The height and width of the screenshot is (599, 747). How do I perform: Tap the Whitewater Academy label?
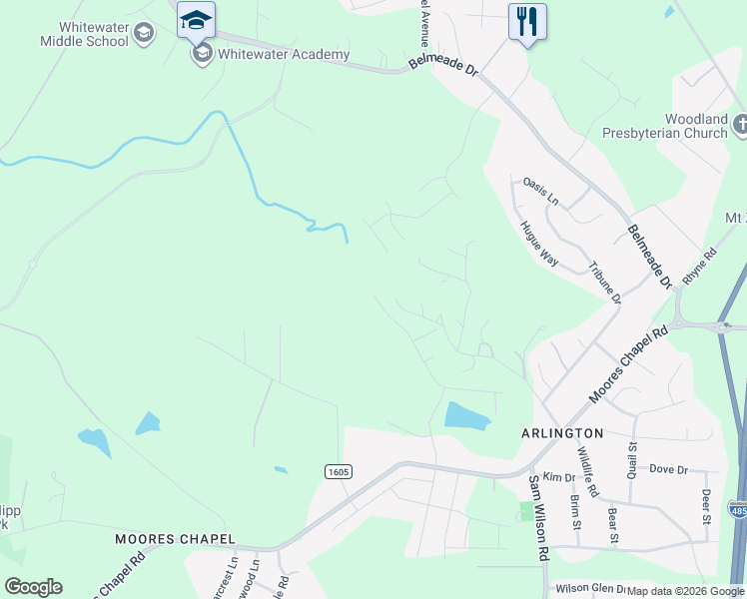[x=284, y=54]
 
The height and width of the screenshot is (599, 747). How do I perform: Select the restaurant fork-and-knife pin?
[x=526, y=21]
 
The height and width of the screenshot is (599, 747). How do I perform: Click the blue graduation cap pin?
[x=196, y=20]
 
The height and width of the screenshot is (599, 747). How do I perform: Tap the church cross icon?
[x=740, y=125]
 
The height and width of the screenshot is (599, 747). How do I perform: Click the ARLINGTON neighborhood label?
[x=562, y=433]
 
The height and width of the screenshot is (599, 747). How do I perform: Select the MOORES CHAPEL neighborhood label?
[x=174, y=539]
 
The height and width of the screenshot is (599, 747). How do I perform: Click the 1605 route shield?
[x=339, y=471]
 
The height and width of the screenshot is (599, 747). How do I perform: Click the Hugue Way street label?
[x=538, y=243]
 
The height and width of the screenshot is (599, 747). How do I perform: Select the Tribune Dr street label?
[x=604, y=284]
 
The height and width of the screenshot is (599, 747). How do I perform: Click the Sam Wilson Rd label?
[x=538, y=517]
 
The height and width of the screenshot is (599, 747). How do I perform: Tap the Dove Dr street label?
[x=668, y=469]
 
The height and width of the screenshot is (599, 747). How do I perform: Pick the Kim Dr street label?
[x=553, y=478]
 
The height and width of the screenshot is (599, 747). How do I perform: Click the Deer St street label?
[x=705, y=505]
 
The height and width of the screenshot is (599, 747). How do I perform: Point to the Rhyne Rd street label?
[x=700, y=267]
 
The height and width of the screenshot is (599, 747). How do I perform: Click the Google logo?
[x=33, y=587]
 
